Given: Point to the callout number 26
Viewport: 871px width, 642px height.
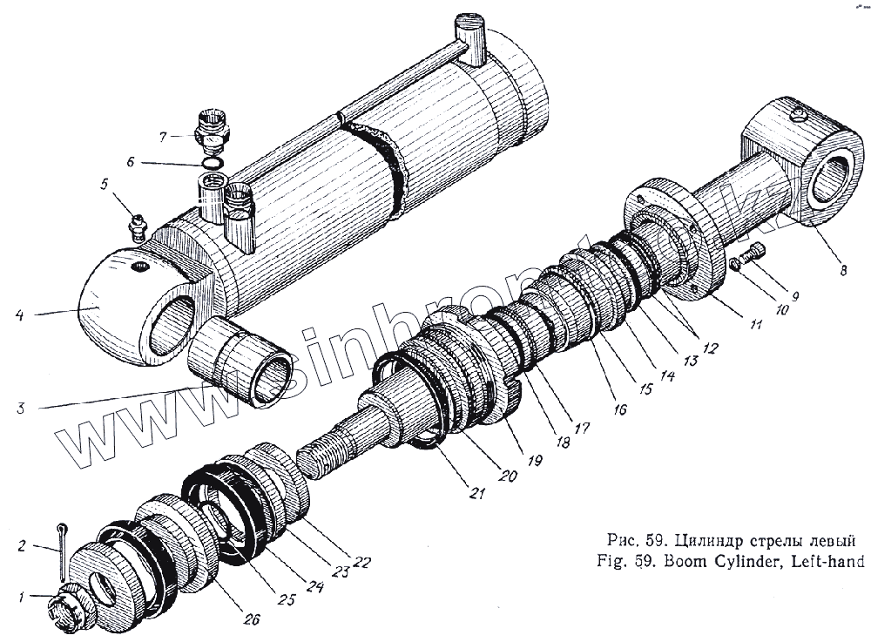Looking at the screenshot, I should pos(251,619).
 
